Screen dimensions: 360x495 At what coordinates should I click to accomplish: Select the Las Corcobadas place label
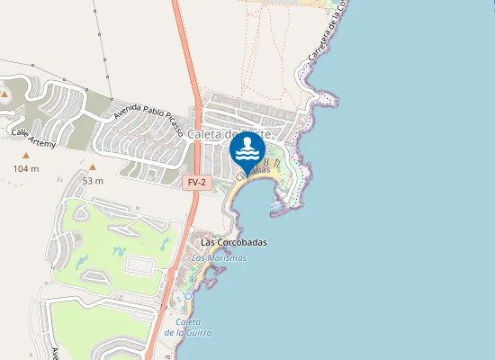pos(234,242)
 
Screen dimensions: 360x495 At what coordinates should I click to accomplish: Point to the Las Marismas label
pos(219,257)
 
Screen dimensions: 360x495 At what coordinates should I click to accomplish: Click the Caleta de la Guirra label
pos(193,328)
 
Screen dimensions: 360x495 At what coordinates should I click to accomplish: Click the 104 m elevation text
pos(26,168)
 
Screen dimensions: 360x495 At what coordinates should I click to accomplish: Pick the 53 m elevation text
pos(93,181)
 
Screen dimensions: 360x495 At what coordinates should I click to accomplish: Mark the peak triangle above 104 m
pos(26,154)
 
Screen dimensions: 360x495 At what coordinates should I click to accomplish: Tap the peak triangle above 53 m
pos(92,166)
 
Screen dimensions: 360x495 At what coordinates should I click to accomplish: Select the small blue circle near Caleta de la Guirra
pos(188,295)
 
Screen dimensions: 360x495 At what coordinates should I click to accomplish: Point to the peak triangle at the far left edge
pos(4,93)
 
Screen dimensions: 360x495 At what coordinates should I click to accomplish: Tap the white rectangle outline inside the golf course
pos(139,265)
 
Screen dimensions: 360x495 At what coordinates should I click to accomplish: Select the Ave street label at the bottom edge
pos(54,354)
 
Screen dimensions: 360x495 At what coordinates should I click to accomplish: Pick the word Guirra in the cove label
pos(200,333)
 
